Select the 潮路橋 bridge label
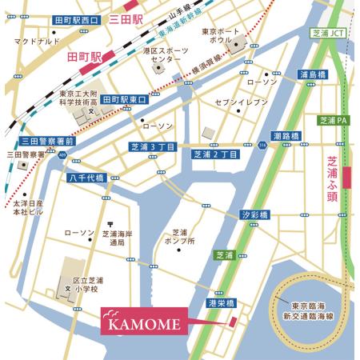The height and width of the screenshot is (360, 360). tap(286, 136)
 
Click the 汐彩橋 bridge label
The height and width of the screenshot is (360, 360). tap(255, 214)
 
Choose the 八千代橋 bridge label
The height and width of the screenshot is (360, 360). tap(85, 177)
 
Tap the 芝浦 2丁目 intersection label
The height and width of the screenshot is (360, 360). tap(216, 154)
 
